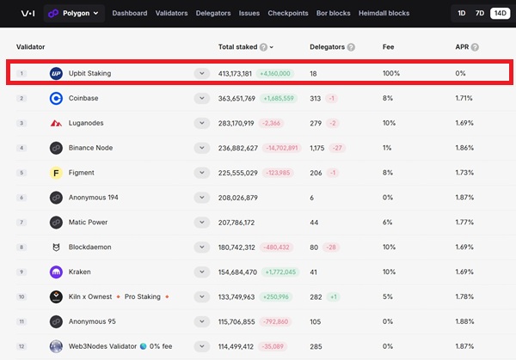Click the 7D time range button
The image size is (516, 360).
tap(480, 13)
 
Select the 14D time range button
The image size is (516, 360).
tap(501, 13)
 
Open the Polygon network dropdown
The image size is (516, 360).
tap(74, 13)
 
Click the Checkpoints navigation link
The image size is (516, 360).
tap(288, 13)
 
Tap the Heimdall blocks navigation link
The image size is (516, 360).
tap(384, 13)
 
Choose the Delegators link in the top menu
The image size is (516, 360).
tap(213, 13)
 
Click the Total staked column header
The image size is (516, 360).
tap(237, 47)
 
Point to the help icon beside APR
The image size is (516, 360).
tap(475, 47)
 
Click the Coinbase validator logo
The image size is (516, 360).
tap(56, 98)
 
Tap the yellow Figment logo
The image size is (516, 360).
tap(56, 173)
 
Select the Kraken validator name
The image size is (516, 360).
tap(80, 272)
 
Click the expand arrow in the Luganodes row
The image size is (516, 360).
tap(202, 123)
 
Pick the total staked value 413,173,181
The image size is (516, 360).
tap(235, 74)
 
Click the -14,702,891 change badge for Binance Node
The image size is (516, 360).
tap(282, 148)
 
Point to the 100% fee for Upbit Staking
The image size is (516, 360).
tap(391, 73)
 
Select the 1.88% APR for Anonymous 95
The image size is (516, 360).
tap(464, 321)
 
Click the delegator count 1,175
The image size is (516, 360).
tap(316, 148)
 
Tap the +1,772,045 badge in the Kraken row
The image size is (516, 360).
tap(280, 272)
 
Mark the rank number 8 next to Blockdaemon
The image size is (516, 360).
tap(21, 247)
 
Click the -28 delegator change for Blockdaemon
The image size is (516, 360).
tap(331, 247)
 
